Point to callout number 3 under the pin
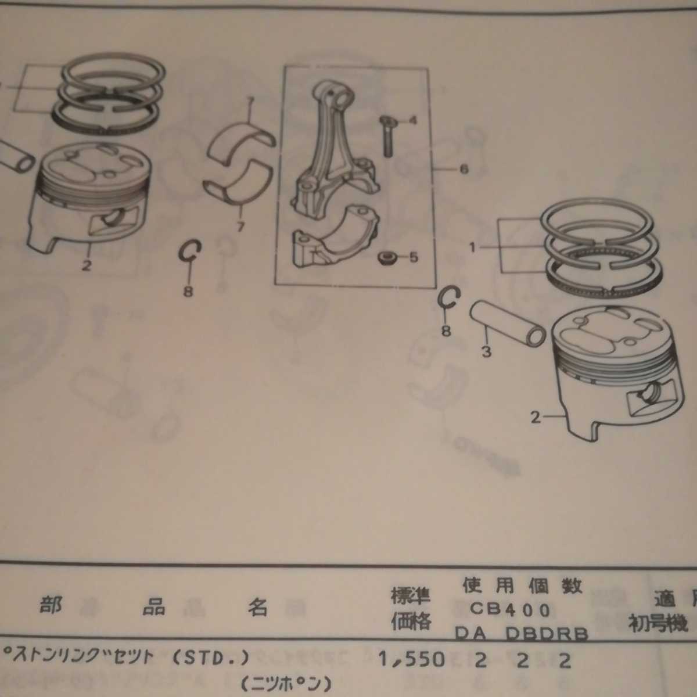click(x=486, y=351)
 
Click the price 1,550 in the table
click(x=411, y=659)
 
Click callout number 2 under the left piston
click(x=86, y=266)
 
